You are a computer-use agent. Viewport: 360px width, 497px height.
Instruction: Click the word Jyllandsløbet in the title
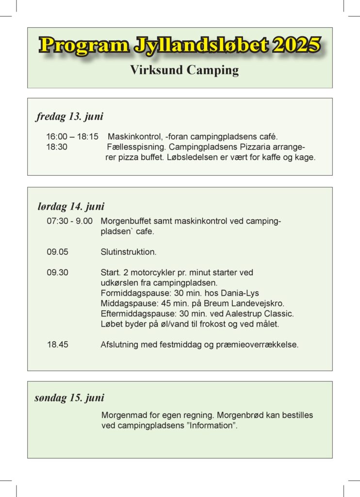click(x=199, y=45)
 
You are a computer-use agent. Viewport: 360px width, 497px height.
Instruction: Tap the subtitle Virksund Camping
click(x=184, y=70)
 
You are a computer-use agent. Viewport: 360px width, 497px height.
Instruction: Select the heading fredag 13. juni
click(x=69, y=116)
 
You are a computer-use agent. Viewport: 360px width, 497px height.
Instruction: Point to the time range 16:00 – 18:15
click(x=72, y=137)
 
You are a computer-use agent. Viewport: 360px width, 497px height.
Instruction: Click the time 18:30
click(x=57, y=147)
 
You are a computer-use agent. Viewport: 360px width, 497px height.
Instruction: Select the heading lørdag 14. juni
click(x=71, y=206)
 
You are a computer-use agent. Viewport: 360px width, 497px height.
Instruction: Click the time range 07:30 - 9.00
click(x=69, y=221)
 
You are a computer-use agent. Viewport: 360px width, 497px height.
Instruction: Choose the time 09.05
click(x=57, y=252)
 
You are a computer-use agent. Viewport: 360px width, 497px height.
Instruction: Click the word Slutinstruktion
click(x=129, y=252)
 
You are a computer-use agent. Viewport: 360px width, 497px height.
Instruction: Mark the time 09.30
click(x=57, y=273)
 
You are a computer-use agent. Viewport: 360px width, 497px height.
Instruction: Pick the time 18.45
click(x=57, y=345)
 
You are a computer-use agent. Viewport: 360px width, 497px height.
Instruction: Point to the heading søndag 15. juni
click(x=69, y=398)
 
